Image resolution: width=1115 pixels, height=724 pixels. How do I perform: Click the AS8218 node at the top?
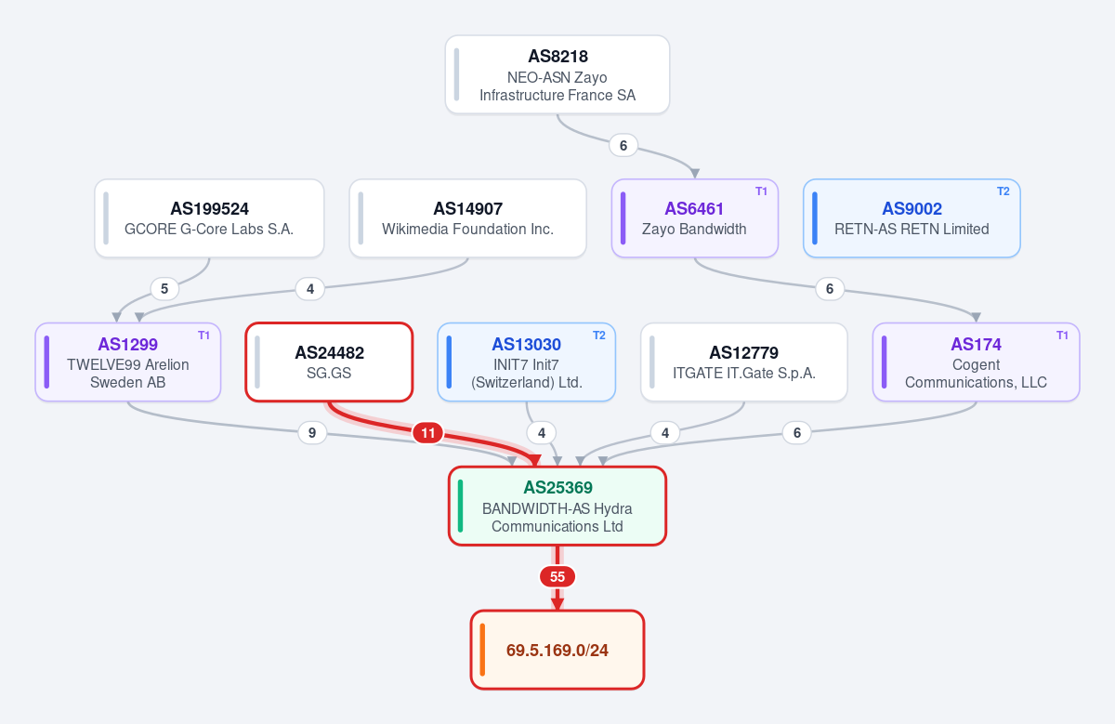point(557,74)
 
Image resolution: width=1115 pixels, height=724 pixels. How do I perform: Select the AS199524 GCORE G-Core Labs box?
point(209,218)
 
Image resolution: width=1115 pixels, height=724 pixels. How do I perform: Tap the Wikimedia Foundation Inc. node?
point(467,218)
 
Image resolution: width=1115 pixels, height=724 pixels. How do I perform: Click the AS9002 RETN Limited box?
point(912,218)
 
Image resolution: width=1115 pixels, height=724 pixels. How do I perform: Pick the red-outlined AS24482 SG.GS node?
point(329,362)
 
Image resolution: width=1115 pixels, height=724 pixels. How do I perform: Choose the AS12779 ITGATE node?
point(743,362)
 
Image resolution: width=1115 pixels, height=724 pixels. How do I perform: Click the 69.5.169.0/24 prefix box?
point(557,650)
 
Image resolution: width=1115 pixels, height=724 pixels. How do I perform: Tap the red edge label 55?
point(557,576)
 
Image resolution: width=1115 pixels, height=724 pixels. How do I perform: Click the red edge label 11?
point(428,433)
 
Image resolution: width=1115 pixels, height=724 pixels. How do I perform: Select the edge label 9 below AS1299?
point(312,433)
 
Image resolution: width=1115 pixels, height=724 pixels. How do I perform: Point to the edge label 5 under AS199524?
point(164,289)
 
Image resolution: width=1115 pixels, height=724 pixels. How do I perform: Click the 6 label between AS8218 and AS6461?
point(623,145)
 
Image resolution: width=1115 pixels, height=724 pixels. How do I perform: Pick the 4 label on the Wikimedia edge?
point(310,289)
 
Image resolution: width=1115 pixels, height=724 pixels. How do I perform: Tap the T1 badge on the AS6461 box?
point(761,191)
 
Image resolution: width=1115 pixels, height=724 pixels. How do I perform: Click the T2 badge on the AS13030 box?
point(598,336)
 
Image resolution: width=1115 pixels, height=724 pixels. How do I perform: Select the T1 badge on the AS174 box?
point(1062,336)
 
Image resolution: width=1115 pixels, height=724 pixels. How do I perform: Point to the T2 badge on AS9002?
point(1003,191)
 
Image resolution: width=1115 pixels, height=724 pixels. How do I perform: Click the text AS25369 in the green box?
point(557,488)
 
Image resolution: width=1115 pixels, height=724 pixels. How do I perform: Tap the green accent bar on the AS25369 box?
point(461,506)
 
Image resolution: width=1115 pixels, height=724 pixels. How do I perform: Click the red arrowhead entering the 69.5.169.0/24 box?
point(557,603)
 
